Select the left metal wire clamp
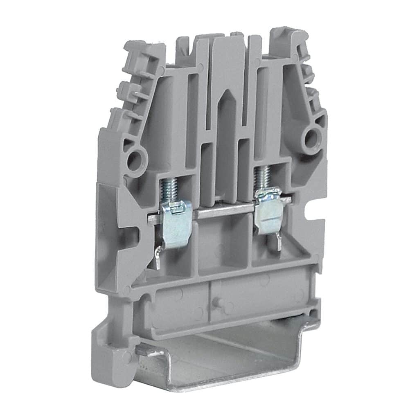click(x=176, y=223)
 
